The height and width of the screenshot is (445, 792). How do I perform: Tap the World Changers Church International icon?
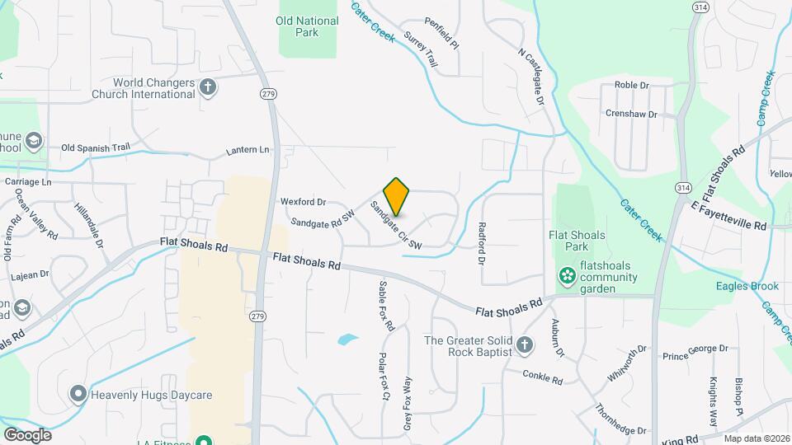click(x=208, y=87)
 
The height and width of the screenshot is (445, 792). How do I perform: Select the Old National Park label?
click(x=308, y=26)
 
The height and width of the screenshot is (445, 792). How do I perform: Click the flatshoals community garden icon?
click(x=567, y=275)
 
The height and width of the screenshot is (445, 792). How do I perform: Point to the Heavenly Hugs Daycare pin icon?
click(x=78, y=395)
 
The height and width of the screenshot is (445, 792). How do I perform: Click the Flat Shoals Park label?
click(x=577, y=241)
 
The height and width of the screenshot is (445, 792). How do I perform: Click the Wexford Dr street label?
click(x=304, y=201)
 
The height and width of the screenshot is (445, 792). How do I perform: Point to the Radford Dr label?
click(x=482, y=242)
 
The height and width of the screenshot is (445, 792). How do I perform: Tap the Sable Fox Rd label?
click(x=386, y=306)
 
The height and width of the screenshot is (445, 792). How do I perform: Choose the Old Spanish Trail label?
click(x=97, y=148)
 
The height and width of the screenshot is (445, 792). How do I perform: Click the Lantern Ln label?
click(x=247, y=151)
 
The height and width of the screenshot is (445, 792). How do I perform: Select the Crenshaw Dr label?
click(x=630, y=114)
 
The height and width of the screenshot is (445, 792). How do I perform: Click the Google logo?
click(x=27, y=434)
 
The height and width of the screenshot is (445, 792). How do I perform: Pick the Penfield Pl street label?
click(x=441, y=34)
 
